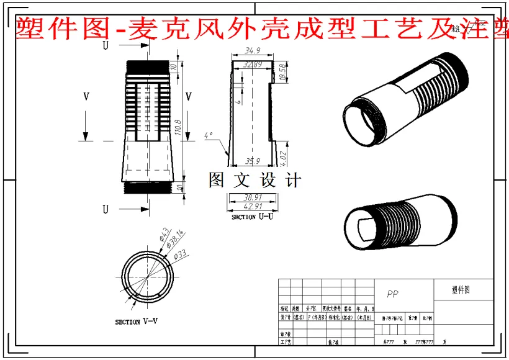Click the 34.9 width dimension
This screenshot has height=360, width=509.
pyautogui.click(x=252, y=50)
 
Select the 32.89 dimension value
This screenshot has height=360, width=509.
pyautogui.click(x=253, y=64)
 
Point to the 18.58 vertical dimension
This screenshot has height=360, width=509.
pyautogui.click(x=283, y=73)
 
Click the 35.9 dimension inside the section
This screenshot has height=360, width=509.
pyautogui.click(x=253, y=161)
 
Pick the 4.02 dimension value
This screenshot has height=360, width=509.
pyautogui.click(x=283, y=158)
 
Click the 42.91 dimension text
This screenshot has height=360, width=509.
pyautogui.click(x=253, y=206)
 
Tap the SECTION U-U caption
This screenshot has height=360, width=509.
pyautogui.click(x=252, y=217)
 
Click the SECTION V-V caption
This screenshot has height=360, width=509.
pyautogui.click(x=137, y=322)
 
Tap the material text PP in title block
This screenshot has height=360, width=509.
pyautogui.click(x=392, y=294)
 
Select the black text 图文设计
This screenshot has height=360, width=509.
pyautogui.click(x=255, y=180)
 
